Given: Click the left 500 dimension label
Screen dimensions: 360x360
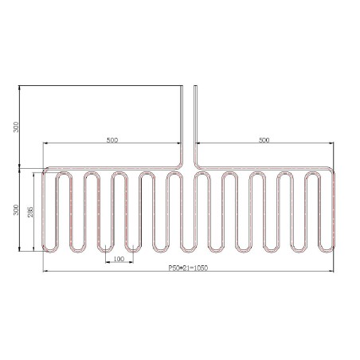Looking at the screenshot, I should click(x=112, y=140).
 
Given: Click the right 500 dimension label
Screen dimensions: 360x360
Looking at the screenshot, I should click(x=264, y=140).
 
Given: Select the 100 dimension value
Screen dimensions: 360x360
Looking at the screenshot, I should click(x=119, y=260).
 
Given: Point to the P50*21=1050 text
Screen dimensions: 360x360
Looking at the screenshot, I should click(x=188, y=268).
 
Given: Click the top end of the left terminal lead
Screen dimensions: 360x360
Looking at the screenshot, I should click(x=184, y=84).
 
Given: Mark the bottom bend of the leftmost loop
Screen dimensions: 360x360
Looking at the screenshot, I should click(x=50, y=249).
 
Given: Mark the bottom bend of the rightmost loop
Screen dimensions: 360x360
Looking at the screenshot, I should click(x=327, y=249).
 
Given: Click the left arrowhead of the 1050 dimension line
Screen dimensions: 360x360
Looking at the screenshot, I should click(x=45, y=272).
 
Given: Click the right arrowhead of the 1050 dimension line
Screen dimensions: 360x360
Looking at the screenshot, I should click(x=333, y=272).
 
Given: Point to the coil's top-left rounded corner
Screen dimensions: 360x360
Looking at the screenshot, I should click(x=46, y=170).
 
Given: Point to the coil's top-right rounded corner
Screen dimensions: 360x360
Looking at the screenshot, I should click(x=331, y=170).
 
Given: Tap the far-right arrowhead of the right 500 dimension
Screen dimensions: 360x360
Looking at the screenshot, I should click(x=333, y=144).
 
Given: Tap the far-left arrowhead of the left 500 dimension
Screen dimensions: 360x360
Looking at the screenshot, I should click(x=45, y=144).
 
